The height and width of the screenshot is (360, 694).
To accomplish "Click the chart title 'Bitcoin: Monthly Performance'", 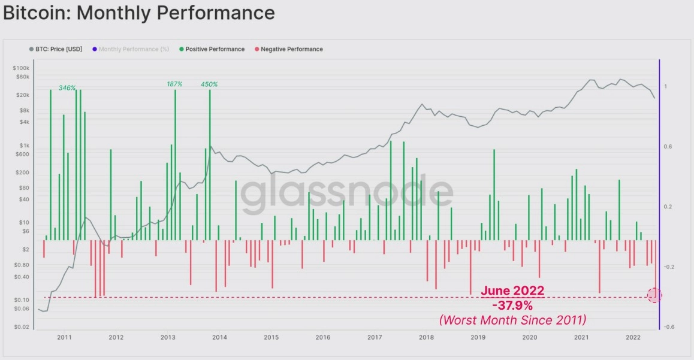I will pyautogui.click(x=139, y=13).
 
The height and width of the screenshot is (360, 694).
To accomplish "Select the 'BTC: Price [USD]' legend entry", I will pyautogui.click(x=60, y=49).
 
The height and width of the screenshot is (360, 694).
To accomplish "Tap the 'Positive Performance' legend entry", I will pyautogui.click(x=215, y=49).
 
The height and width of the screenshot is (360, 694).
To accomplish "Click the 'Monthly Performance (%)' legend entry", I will pyautogui.click(x=134, y=49).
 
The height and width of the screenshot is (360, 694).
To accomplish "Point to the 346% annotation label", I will pyautogui.click(x=67, y=88).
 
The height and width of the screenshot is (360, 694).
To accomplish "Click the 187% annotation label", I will pyautogui.click(x=174, y=84).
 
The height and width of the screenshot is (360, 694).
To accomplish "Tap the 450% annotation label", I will pyautogui.click(x=209, y=84).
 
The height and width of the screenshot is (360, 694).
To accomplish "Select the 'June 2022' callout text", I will pyautogui.click(x=512, y=291).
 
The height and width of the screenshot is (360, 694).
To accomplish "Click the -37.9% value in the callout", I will pyautogui.click(x=512, y=305).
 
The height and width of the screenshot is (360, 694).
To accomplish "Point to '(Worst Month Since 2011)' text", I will pyautogui.click(x=512, y=320).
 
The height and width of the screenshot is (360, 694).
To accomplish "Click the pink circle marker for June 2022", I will pyautogui.click(x=654, y=295).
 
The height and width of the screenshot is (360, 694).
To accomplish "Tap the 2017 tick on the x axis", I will pyautogui.click(x=375, y=338).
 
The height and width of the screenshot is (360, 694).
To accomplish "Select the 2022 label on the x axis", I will pyautogui.click(x=633, y=338).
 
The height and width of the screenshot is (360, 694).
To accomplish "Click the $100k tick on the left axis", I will pyautogui.click(x=21, y=68).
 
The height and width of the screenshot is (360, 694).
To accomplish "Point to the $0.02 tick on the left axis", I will pyautogui.click(x=21, y=328).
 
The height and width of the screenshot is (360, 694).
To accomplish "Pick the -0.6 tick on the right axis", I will pyautogui.click(x=669, y=327).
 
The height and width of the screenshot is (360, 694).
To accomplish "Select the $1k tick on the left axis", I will pyautogui.click(x=23, y=146).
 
